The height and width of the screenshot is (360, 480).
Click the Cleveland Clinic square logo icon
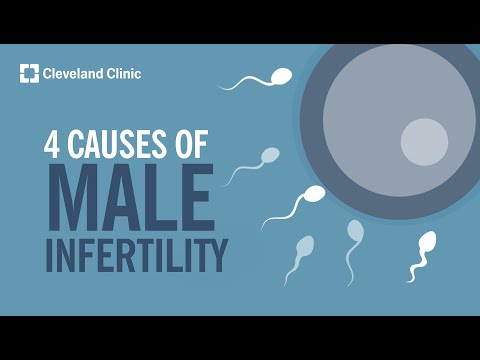tap(29, 73)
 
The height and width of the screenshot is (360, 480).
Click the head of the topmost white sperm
tap(283, 75)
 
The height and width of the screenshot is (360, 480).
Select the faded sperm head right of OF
tap(270, 155)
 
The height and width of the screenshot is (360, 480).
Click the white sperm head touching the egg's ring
tap(314, 194)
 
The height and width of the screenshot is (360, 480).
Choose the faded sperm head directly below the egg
tap(355, 231)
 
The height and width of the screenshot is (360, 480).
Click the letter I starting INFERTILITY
tap(51, 253)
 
